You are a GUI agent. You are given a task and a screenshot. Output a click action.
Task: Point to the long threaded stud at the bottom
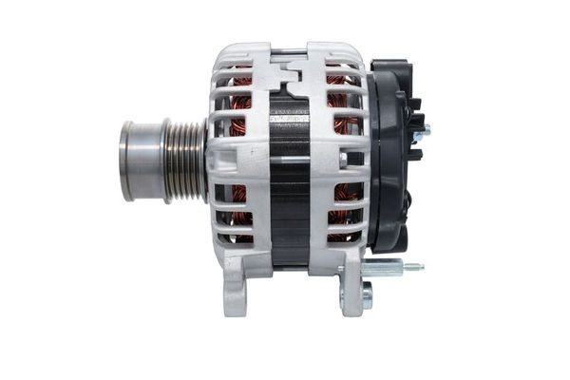(389, 268)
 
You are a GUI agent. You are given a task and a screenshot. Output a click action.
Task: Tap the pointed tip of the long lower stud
(421, 268)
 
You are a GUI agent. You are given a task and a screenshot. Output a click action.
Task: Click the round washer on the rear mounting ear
(367, 298)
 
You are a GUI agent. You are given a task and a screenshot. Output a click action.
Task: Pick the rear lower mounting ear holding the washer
(351, 290)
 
